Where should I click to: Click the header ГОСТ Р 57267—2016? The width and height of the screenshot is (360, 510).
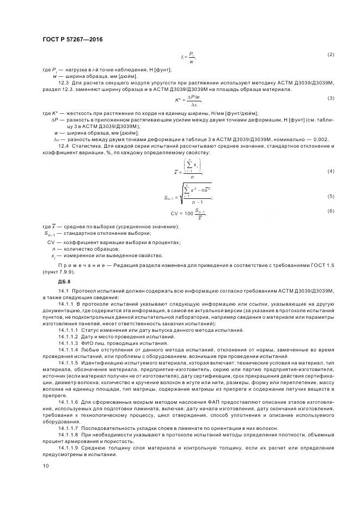coord(72,39)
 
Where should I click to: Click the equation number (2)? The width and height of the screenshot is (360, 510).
coord(330,55)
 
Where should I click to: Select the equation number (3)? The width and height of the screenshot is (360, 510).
coord(330,98)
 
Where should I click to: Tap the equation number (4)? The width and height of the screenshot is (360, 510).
coord(330,171)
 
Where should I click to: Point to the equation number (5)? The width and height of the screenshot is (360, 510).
coord(330,196)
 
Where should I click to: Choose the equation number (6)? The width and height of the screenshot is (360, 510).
coord(330,211)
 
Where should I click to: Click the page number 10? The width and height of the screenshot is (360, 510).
coord(46,466)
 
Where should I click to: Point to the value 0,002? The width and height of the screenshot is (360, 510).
coord(320,139)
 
